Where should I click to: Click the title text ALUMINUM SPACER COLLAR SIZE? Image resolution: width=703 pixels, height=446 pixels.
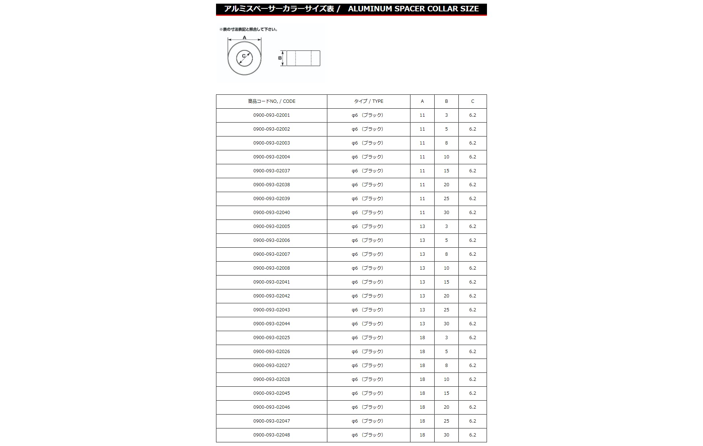pos(413,9)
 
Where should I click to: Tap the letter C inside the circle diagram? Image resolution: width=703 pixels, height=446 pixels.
pos(244,56)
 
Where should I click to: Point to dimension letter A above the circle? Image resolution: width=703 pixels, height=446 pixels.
pos(245,38)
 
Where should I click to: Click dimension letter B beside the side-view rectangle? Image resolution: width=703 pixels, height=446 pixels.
pos(280,58)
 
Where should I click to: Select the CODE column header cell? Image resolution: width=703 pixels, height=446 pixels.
pos(271,101)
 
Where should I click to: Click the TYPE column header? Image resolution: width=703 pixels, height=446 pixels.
pos(368,101)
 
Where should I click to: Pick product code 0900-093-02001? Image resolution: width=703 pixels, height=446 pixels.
pos(271,115)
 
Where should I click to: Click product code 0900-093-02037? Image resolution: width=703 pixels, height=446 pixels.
pos(271,171)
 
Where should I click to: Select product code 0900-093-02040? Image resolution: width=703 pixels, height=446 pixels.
pos(271,213)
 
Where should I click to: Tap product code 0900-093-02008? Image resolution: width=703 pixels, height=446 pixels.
pos(271,268)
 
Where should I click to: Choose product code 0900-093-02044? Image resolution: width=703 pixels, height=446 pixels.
pos(271,324)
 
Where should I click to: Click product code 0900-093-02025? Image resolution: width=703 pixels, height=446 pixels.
pos(271,338)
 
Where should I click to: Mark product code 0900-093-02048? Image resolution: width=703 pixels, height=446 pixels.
pos(271,435)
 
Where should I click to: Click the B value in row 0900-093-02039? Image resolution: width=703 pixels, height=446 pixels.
pos(446,199)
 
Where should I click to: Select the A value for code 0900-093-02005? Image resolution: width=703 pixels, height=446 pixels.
pos(422,226)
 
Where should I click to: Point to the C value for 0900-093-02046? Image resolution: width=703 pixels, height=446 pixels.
pos(472,407)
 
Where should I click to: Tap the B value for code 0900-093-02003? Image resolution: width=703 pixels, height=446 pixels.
pos(446,143)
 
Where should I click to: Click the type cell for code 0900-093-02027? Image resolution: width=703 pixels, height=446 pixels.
pos(368,366)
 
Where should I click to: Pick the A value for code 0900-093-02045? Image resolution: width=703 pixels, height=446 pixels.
pos(422,393)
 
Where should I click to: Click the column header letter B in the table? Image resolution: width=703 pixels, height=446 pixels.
pos(446,101)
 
